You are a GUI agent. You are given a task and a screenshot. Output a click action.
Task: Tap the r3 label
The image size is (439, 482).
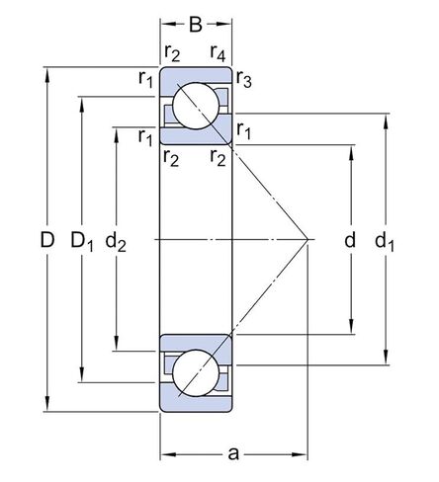coord(243,82)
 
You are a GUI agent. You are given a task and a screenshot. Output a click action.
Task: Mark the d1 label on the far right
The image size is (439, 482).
coord(387,240)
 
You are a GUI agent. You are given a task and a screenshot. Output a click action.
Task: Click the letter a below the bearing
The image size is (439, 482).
coord(234,453)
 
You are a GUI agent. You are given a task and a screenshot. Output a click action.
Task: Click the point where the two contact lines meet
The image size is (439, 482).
coord(310,239)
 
